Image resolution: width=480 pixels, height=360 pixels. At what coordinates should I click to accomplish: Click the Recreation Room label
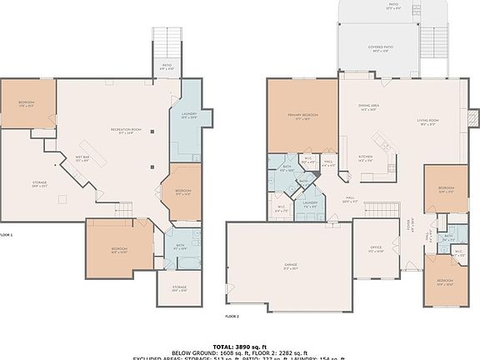pyautogui.click(x=126, y=130)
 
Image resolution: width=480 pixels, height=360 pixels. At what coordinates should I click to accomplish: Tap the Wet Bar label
pyautogui.click(x=82, y=159)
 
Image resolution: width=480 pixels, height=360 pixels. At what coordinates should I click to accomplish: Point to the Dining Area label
pyautogui.click(x=369, y=107)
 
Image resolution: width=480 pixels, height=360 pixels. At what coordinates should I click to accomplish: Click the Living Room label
pyautogui.click(x=427, y=122)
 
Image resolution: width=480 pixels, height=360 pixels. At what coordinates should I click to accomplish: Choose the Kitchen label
pyautogui.click(x=366, y=157)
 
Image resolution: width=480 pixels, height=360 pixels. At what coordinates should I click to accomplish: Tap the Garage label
pyautogui.click(x=290, y=267)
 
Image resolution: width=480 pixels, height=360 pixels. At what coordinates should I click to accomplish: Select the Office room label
pyautogui.click(x=376, y=249)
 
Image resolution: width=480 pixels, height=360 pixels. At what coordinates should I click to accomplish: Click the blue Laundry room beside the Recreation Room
pyautogui.click(x=187, y=117)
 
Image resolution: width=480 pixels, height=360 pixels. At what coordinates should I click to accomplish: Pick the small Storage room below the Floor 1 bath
pyautogui.click(x=179, y=289)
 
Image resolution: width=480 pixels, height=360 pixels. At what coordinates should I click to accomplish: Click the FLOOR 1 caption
pyautogui.click(x=7, y=235)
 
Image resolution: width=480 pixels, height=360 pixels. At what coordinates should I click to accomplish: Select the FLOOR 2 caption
pyautogui.click(x=232, y=317)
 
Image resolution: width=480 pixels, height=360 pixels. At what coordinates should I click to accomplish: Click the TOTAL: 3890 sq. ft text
pyautogui.click(x=240, y=345)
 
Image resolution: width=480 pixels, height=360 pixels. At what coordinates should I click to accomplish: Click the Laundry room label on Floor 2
pyautogui.click(x=310, y=204)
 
